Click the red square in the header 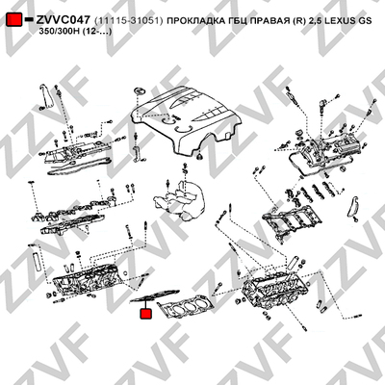tap(14, 19)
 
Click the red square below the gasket tap(146, 314)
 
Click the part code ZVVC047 tap(64, 20)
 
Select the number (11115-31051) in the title tap(129, 20)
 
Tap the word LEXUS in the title tap(339, 20)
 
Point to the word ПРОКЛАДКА tap(194, 20)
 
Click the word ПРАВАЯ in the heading tap(269, 20)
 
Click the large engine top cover tap(186, 123)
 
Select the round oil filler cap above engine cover tap(140, 91)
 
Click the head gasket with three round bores tap(186, 306)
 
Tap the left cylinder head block tap(88, 278)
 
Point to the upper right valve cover tap(324, 152)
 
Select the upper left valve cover tap(75, 152)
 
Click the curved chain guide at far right tap(352, 206)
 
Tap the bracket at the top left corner tap(45, 96)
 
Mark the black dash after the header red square tap(29, 19)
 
